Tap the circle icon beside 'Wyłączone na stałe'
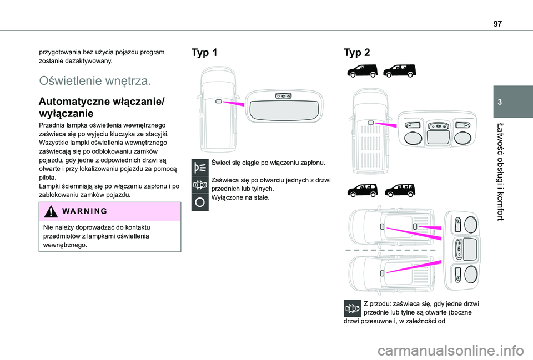[198, 202]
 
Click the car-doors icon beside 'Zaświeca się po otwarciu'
[198, 185]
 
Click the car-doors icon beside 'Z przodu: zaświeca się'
[351, 308]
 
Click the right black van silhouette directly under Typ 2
[399, 70]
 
